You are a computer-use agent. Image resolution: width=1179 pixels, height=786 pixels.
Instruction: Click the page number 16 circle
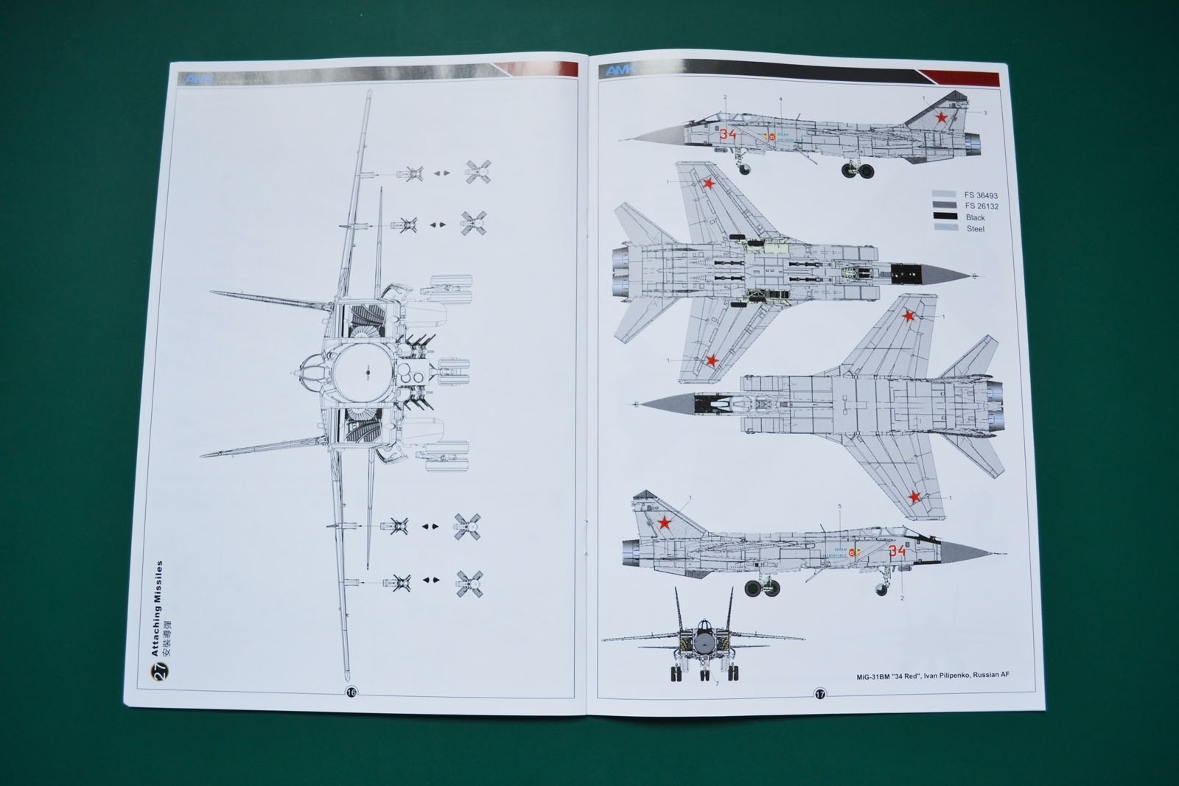[351, 692]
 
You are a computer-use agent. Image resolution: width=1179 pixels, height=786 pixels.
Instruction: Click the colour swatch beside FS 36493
[944, 195]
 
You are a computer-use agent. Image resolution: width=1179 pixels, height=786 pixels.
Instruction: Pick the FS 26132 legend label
[980, 206]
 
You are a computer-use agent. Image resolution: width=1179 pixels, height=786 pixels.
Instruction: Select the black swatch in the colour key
[944, 217]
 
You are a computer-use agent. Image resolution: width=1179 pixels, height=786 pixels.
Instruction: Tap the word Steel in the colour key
[975, 228]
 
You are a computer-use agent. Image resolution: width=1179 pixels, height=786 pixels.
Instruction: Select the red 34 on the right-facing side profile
[897, 550]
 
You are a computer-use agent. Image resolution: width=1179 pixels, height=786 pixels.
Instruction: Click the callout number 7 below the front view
[716, 684]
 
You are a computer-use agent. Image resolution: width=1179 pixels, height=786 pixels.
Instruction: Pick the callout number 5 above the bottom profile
[839, 506]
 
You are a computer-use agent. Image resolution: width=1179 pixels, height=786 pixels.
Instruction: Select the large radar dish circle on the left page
[366, 373]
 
